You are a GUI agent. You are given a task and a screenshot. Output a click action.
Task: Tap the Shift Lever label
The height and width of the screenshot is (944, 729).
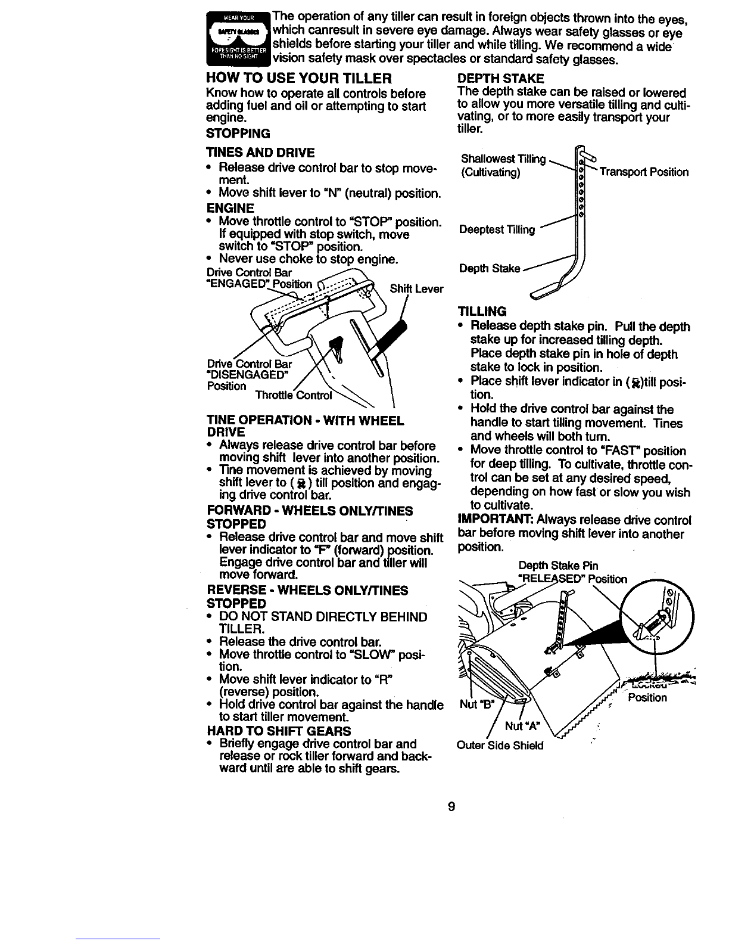click(416, 289)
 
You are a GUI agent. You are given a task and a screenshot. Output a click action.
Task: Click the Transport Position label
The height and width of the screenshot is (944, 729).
click(644, 172)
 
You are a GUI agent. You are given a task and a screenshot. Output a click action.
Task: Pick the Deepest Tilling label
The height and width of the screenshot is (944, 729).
click(497, 230)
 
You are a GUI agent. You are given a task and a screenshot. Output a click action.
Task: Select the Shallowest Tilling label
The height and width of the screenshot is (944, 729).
click(504, 159)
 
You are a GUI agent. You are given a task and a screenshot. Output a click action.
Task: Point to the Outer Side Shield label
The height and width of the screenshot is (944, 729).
click(500, 745)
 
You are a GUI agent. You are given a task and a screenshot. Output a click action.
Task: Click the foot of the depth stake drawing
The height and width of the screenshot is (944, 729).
click(546, 291)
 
